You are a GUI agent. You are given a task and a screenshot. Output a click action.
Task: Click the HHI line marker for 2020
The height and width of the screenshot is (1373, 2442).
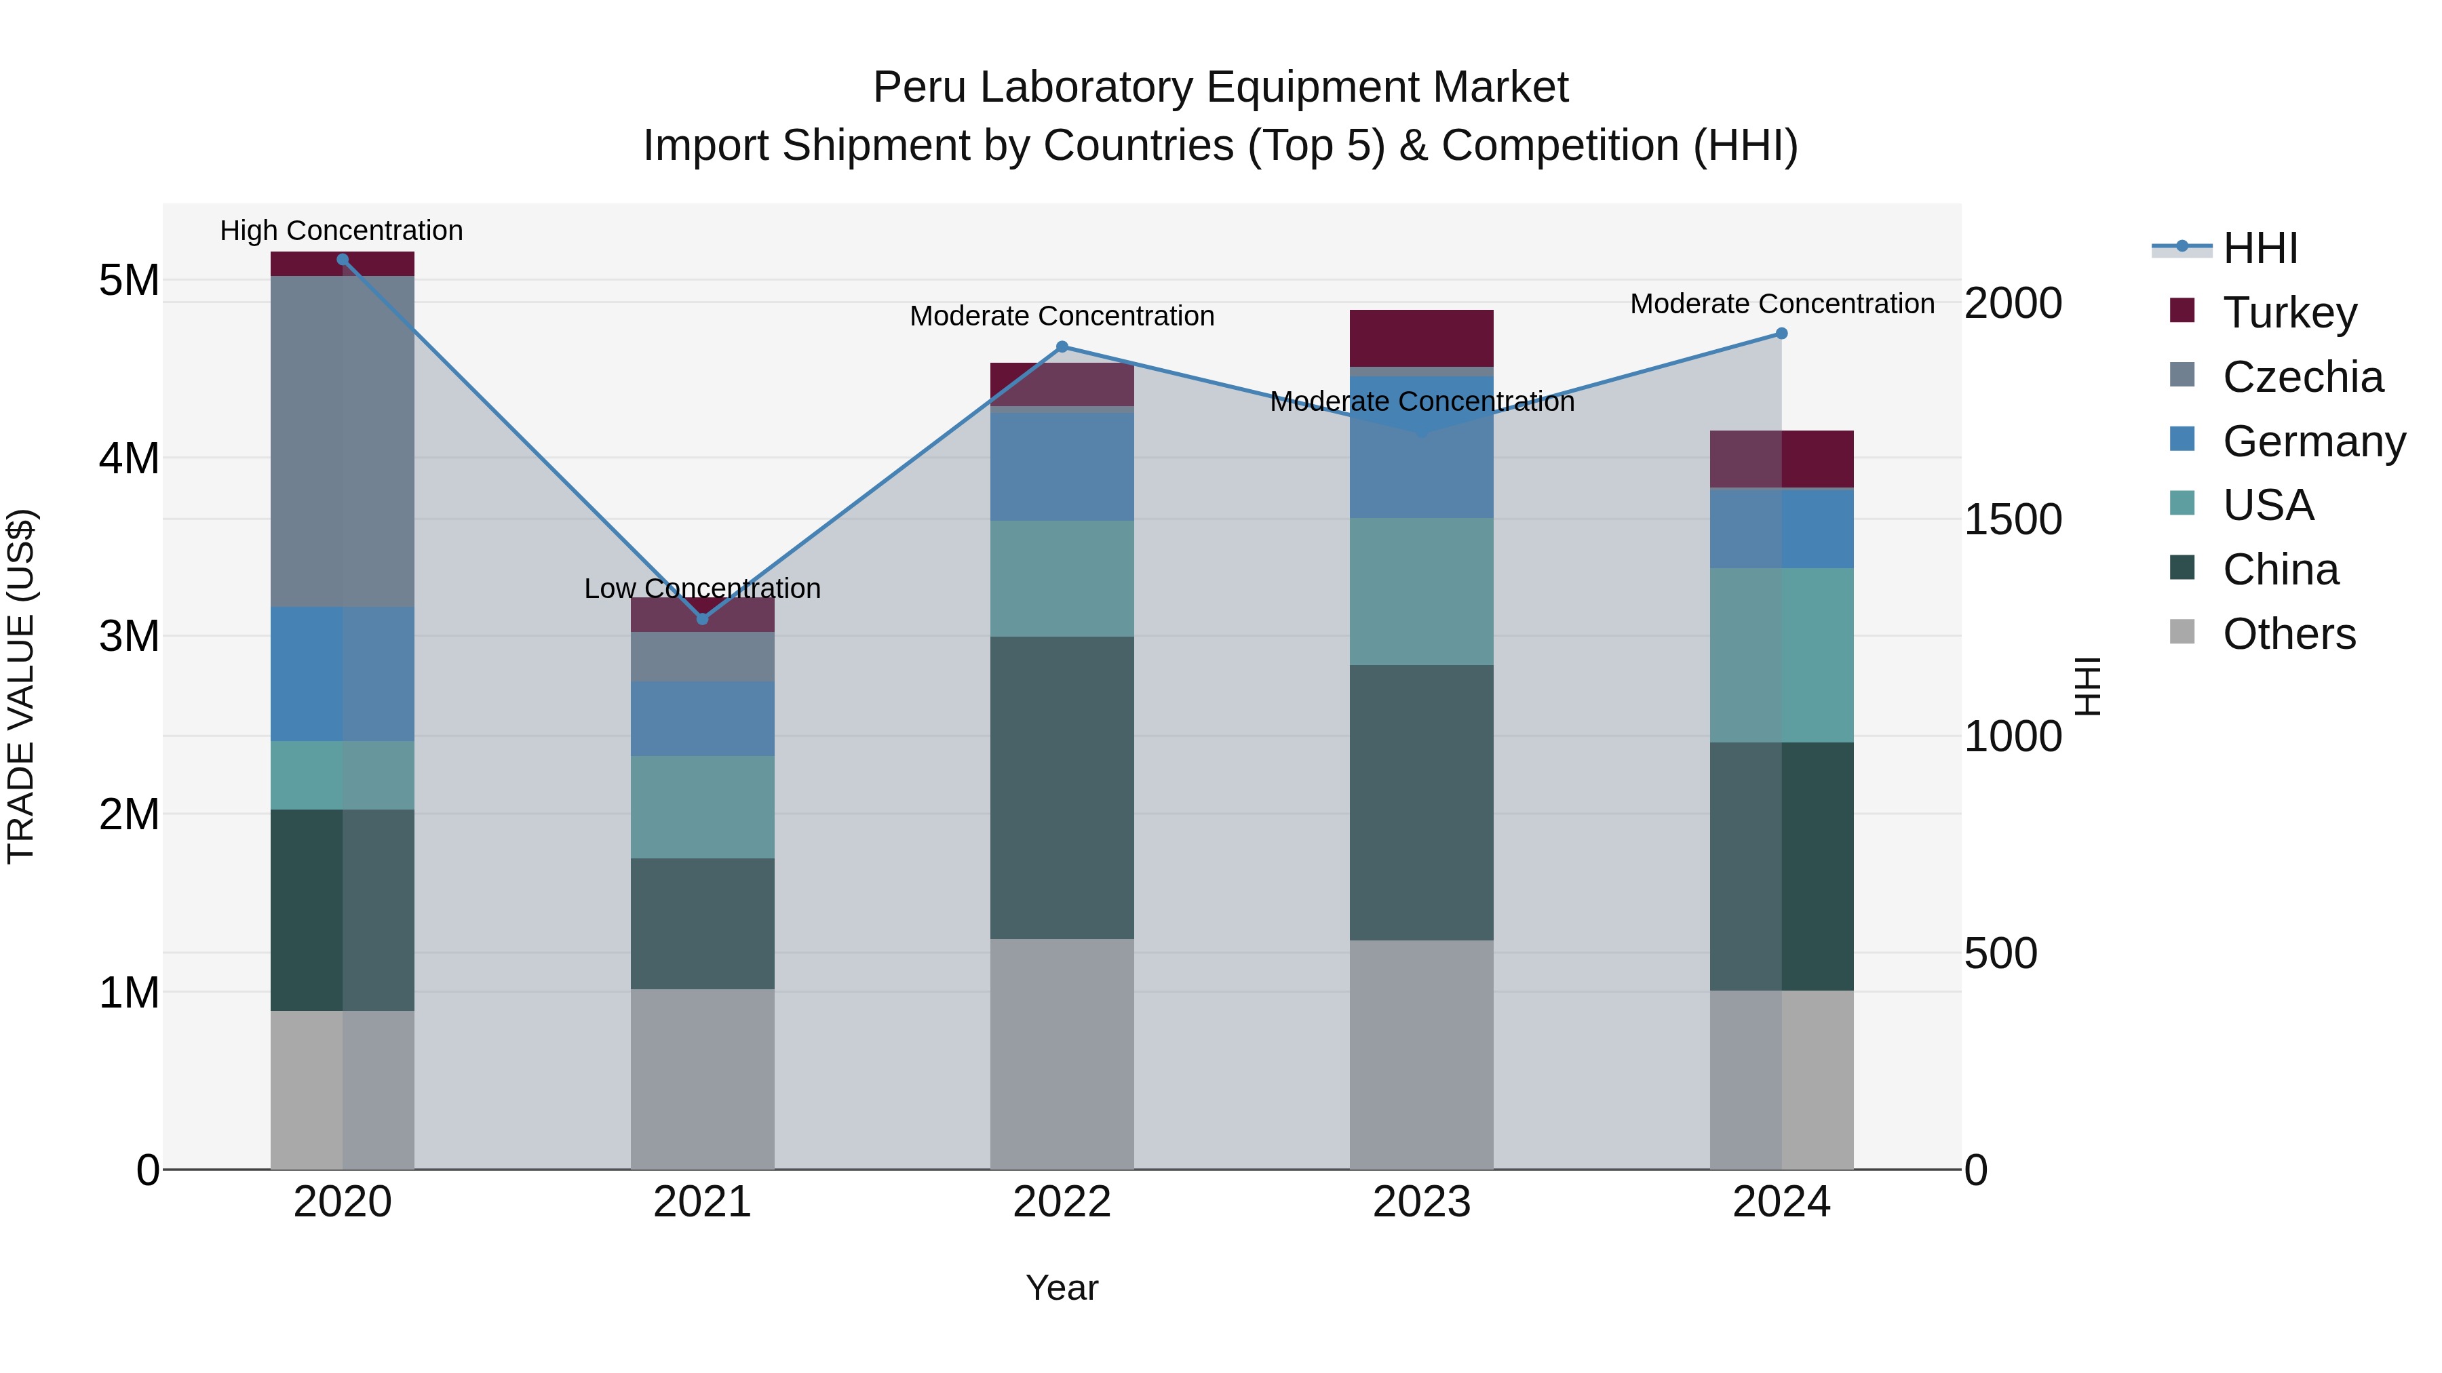pyautogui.click(x=343, y=260)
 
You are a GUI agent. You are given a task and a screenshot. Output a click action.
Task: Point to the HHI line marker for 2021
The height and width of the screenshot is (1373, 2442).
pyautogui.click(x=703, y=619)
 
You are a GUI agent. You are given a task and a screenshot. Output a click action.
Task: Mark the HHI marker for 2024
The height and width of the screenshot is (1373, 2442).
pyautogui.click(x=1781, y=334)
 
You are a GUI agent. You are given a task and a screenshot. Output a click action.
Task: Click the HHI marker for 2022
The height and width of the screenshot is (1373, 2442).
pyautogui.click(x=1062, y=346)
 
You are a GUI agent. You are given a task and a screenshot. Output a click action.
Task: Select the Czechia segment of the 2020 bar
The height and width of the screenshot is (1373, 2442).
pyautogui.click(x=343, y=441)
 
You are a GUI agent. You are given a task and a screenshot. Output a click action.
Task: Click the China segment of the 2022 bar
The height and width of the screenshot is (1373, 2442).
pyautogui.click(x=1062, y=787)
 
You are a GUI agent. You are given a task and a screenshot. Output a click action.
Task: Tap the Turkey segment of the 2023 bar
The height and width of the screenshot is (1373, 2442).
pyautogui.click(x=1421, y=338)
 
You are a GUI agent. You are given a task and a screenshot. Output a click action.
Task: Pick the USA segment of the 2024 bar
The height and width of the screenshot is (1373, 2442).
pyautogui.click(x=1781, y=655)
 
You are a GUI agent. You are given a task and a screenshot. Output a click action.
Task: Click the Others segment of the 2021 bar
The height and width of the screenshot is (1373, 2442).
pyautogui.click(x=703, y=1079)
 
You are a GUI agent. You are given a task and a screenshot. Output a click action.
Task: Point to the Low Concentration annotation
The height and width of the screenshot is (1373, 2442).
pyautogui.click(x=703, y=589)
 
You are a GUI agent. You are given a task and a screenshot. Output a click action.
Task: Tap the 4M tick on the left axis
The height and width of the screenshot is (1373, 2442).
pyautogui.click(x=129, y=458)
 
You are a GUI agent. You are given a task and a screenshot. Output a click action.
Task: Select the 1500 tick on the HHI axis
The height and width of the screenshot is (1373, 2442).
pyautogui.click(x=2012, y=519)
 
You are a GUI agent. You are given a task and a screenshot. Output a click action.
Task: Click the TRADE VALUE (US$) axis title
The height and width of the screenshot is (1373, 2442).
pyautogui.click(x=22, y=686)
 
